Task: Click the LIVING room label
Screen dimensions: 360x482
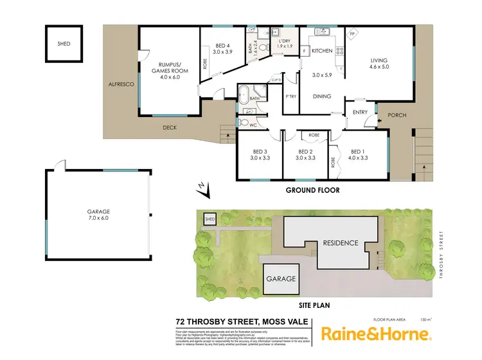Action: coord(379,62)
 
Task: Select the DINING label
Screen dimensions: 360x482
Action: coord(321,96)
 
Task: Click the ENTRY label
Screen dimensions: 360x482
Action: coord(360,113)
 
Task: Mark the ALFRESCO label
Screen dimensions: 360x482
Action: coord(120,84)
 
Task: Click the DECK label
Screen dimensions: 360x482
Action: coord(170,127)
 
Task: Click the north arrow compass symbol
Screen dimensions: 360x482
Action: coord(202,187)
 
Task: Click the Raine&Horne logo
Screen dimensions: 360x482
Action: coord(377,334)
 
